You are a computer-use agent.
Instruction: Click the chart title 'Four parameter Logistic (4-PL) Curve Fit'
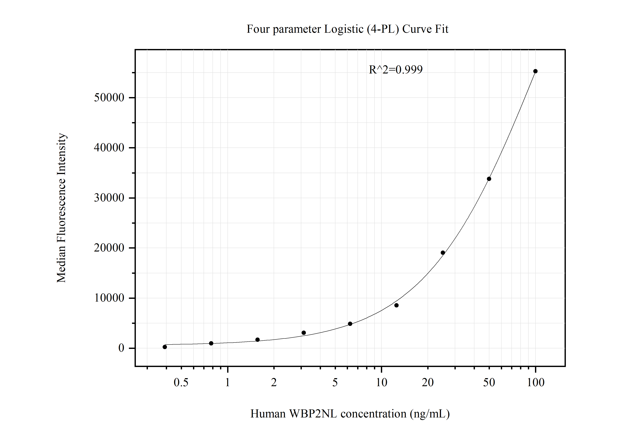(x=347, y=29)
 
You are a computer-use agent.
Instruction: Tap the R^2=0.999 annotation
(x=395, y=70)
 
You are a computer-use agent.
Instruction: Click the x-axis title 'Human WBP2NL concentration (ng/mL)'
(x=350, y=414)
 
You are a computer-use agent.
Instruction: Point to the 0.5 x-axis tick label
(x=181, y=383)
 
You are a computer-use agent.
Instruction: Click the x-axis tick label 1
(x=228, y=383)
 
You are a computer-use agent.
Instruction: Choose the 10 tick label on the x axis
(x=381, y=383)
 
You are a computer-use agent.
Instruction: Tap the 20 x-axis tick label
(x=428, y=383)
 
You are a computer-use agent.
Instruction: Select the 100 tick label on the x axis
(x=536, y=383)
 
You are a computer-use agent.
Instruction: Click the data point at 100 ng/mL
(x=535, y=71)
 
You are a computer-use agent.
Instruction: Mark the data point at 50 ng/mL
(x=489, y=179)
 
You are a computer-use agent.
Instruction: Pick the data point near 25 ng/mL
(x=443, y=253)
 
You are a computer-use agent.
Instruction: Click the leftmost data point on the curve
(x=165, y=347)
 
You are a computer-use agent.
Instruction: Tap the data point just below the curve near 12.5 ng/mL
(x=396, y=305)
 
